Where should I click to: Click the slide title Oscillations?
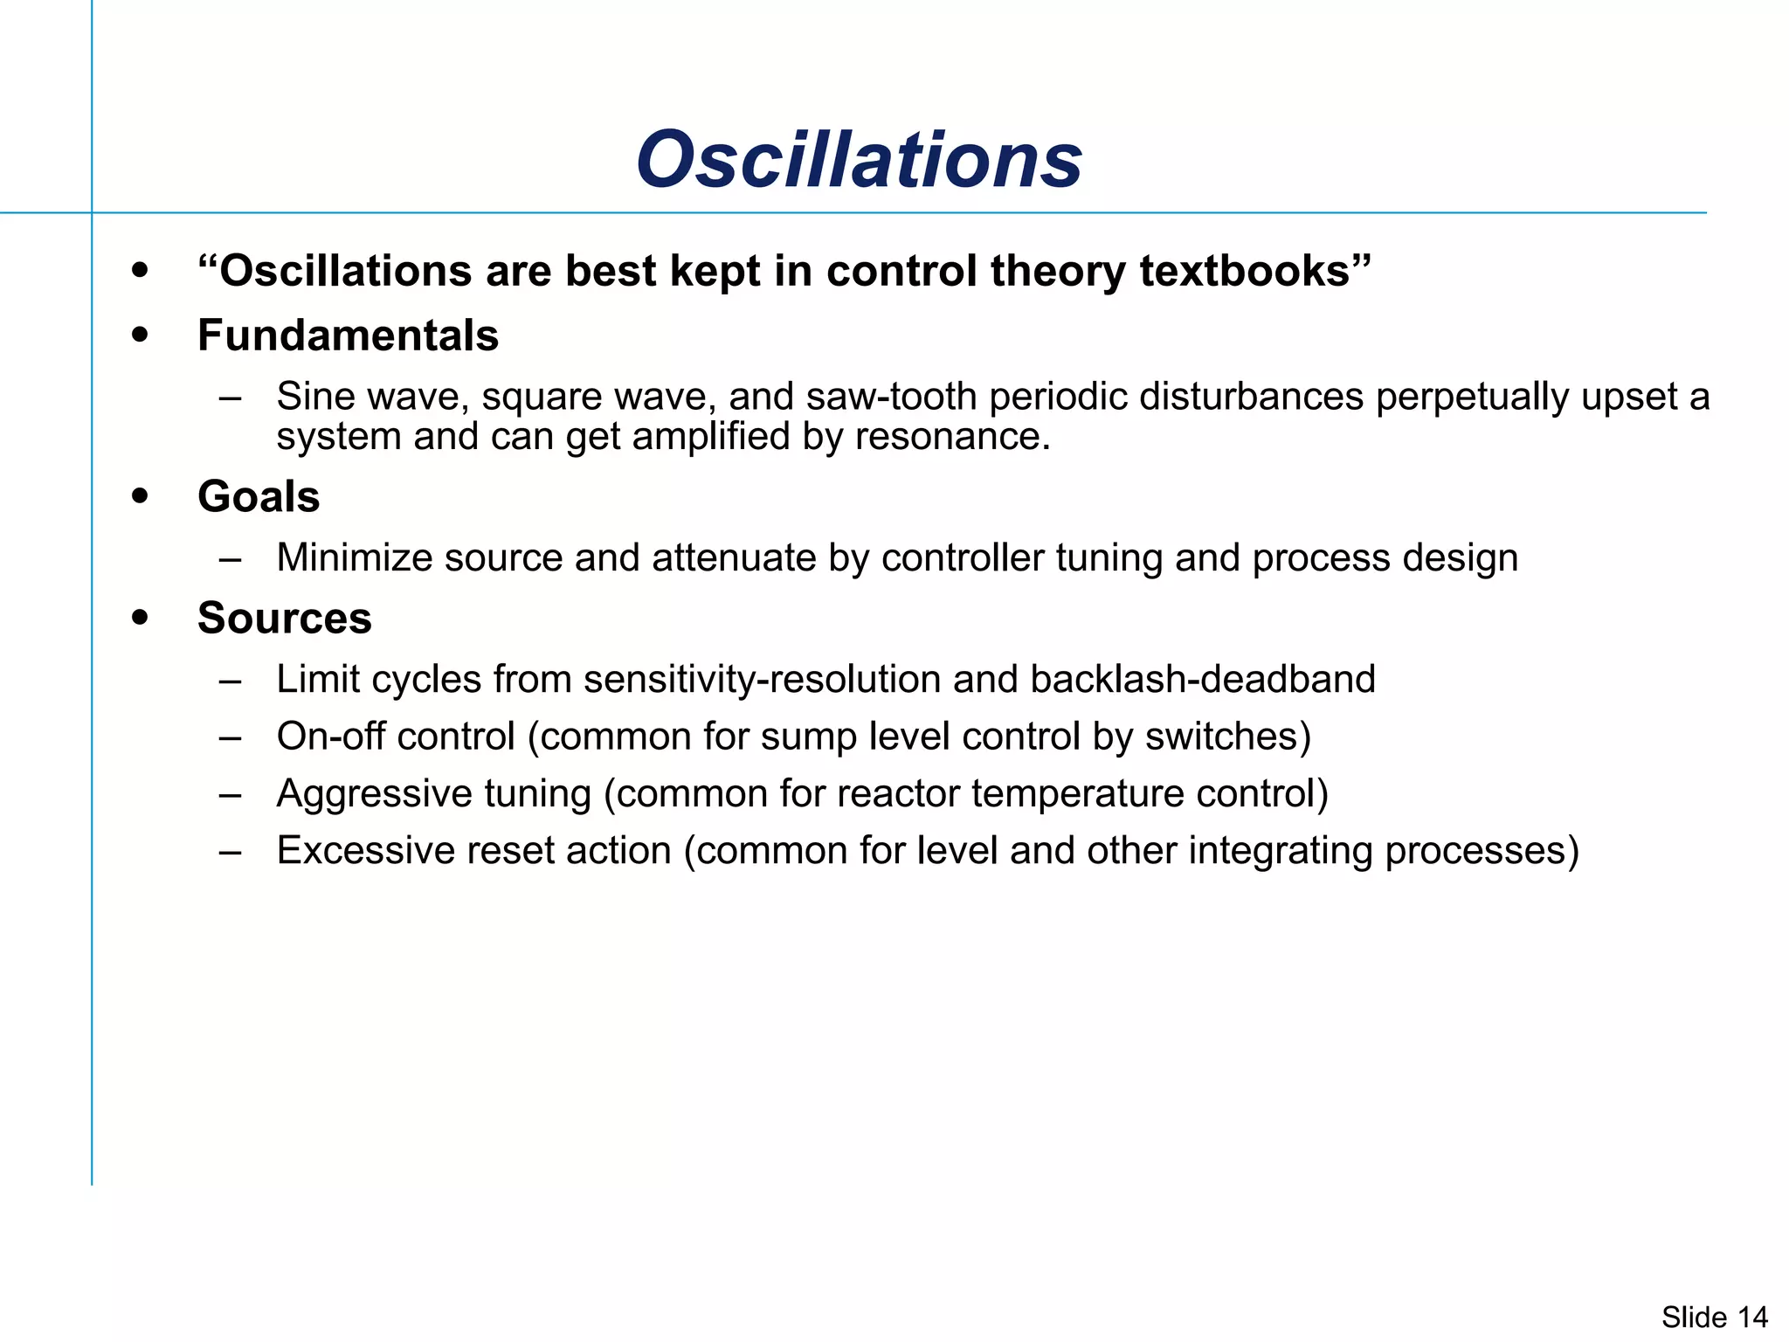pyautogui.click(x=860, y=160)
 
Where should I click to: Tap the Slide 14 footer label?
pyautogui.click(x=1714, y=1317)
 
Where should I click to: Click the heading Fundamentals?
pyautogui.click(x=348, y=335)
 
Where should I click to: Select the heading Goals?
pyautogui.click(x=259, y=497)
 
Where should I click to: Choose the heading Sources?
pyautogui.click(x=285, y=619)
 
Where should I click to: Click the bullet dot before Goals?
pyautogui.click(x=140, y=496)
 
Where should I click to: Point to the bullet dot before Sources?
pyautogui.click(x=140, y=618)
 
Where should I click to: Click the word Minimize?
pyautogui.click(x=354, y=557)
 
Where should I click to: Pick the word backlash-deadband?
pyautogui.click(x=1203, y=679)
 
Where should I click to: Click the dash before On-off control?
pyautogui.click(x=231, y=737)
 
